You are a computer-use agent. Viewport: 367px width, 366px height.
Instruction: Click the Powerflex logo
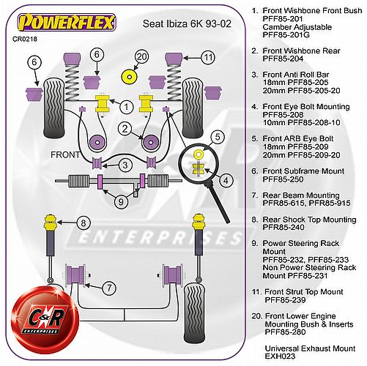(x=67, y=23)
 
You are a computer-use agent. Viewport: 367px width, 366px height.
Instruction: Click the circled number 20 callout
(x=141, y=56)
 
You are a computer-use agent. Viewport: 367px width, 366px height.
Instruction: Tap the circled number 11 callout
(x=208, y=58)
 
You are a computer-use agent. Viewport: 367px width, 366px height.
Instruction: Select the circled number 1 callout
(x=126, y=107)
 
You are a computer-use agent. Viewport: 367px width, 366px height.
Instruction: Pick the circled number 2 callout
(x=125, y=129)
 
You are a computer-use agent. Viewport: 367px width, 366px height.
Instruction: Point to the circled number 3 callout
(x=125, y=165)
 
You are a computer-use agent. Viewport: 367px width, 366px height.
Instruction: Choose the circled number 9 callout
(x=121, y=202)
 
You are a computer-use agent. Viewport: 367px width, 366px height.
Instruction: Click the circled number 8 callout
(x=84, y=223)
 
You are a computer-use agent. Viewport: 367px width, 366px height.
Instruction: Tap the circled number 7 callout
(x=109, y=288)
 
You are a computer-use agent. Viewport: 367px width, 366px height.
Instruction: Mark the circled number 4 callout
(x=226, y=181)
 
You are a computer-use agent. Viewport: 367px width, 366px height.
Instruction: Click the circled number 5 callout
(x=218, y=137)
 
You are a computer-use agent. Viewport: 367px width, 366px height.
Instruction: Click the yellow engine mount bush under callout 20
(x=130, y=78)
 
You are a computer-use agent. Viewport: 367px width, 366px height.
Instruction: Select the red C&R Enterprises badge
(x=45, y=321)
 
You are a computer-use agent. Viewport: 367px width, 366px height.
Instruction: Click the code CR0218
(x=25, y=39)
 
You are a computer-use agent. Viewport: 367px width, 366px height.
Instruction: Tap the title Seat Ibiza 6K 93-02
(x=187, y=23)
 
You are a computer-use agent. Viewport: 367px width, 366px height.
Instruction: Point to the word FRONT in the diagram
(x=65, y=154)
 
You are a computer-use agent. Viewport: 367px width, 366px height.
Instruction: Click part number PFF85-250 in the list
(x=283, y=179)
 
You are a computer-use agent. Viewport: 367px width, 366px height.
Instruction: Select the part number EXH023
(x=280, y=356)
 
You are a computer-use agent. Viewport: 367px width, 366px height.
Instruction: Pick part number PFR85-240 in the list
(x=283, y=227)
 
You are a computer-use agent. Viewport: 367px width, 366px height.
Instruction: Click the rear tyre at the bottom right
(x=194, y=313)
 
